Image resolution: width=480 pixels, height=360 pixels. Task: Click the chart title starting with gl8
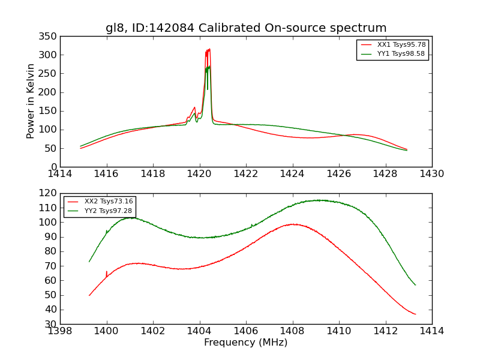point(246,28)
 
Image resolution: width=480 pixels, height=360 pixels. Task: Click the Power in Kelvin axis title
point(31,101)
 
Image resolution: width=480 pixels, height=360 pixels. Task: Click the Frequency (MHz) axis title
point(246,343)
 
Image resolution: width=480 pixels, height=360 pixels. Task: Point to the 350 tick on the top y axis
point(50,37)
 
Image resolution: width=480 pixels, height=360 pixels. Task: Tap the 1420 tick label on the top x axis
point(199,174)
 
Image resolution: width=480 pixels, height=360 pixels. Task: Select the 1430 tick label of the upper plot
point(431,174)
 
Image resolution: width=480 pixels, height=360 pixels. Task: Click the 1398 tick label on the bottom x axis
point(60,331)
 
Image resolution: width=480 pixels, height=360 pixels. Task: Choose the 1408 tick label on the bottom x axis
point(292,331)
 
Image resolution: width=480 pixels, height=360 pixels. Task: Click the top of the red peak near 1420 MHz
point(209,50)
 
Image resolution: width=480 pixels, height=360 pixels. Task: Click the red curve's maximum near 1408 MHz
point(293,224)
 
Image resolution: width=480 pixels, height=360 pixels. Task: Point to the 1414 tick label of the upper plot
point(60,174)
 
